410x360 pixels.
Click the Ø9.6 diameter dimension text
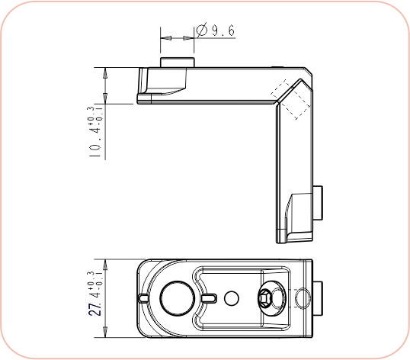point(216,31)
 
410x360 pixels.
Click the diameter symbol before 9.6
point(202,31)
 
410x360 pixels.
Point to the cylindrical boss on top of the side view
point(177,62)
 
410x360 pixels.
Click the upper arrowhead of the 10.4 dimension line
point(105,71)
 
